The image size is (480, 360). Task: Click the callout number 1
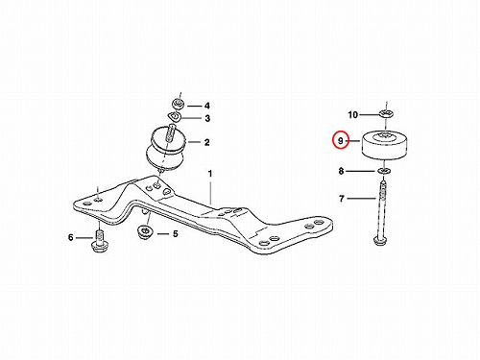210,174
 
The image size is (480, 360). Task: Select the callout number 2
207,142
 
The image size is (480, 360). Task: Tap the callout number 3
207,118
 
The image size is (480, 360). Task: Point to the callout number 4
207,106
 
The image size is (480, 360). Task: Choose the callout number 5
176,234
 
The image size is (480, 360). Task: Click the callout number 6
71,237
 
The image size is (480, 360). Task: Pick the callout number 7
342,199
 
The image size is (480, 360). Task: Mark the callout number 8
341,171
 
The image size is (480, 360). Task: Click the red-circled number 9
340,140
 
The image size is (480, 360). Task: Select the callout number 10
352,114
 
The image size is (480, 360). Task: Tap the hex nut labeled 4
178,104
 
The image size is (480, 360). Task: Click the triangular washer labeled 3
175,116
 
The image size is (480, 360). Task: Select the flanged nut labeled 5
145,231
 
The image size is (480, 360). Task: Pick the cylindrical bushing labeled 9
385,144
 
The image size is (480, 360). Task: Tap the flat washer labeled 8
383,171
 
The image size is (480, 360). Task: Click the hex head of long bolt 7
381,240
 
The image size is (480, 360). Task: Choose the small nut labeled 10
386,113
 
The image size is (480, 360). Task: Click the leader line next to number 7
361,199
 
